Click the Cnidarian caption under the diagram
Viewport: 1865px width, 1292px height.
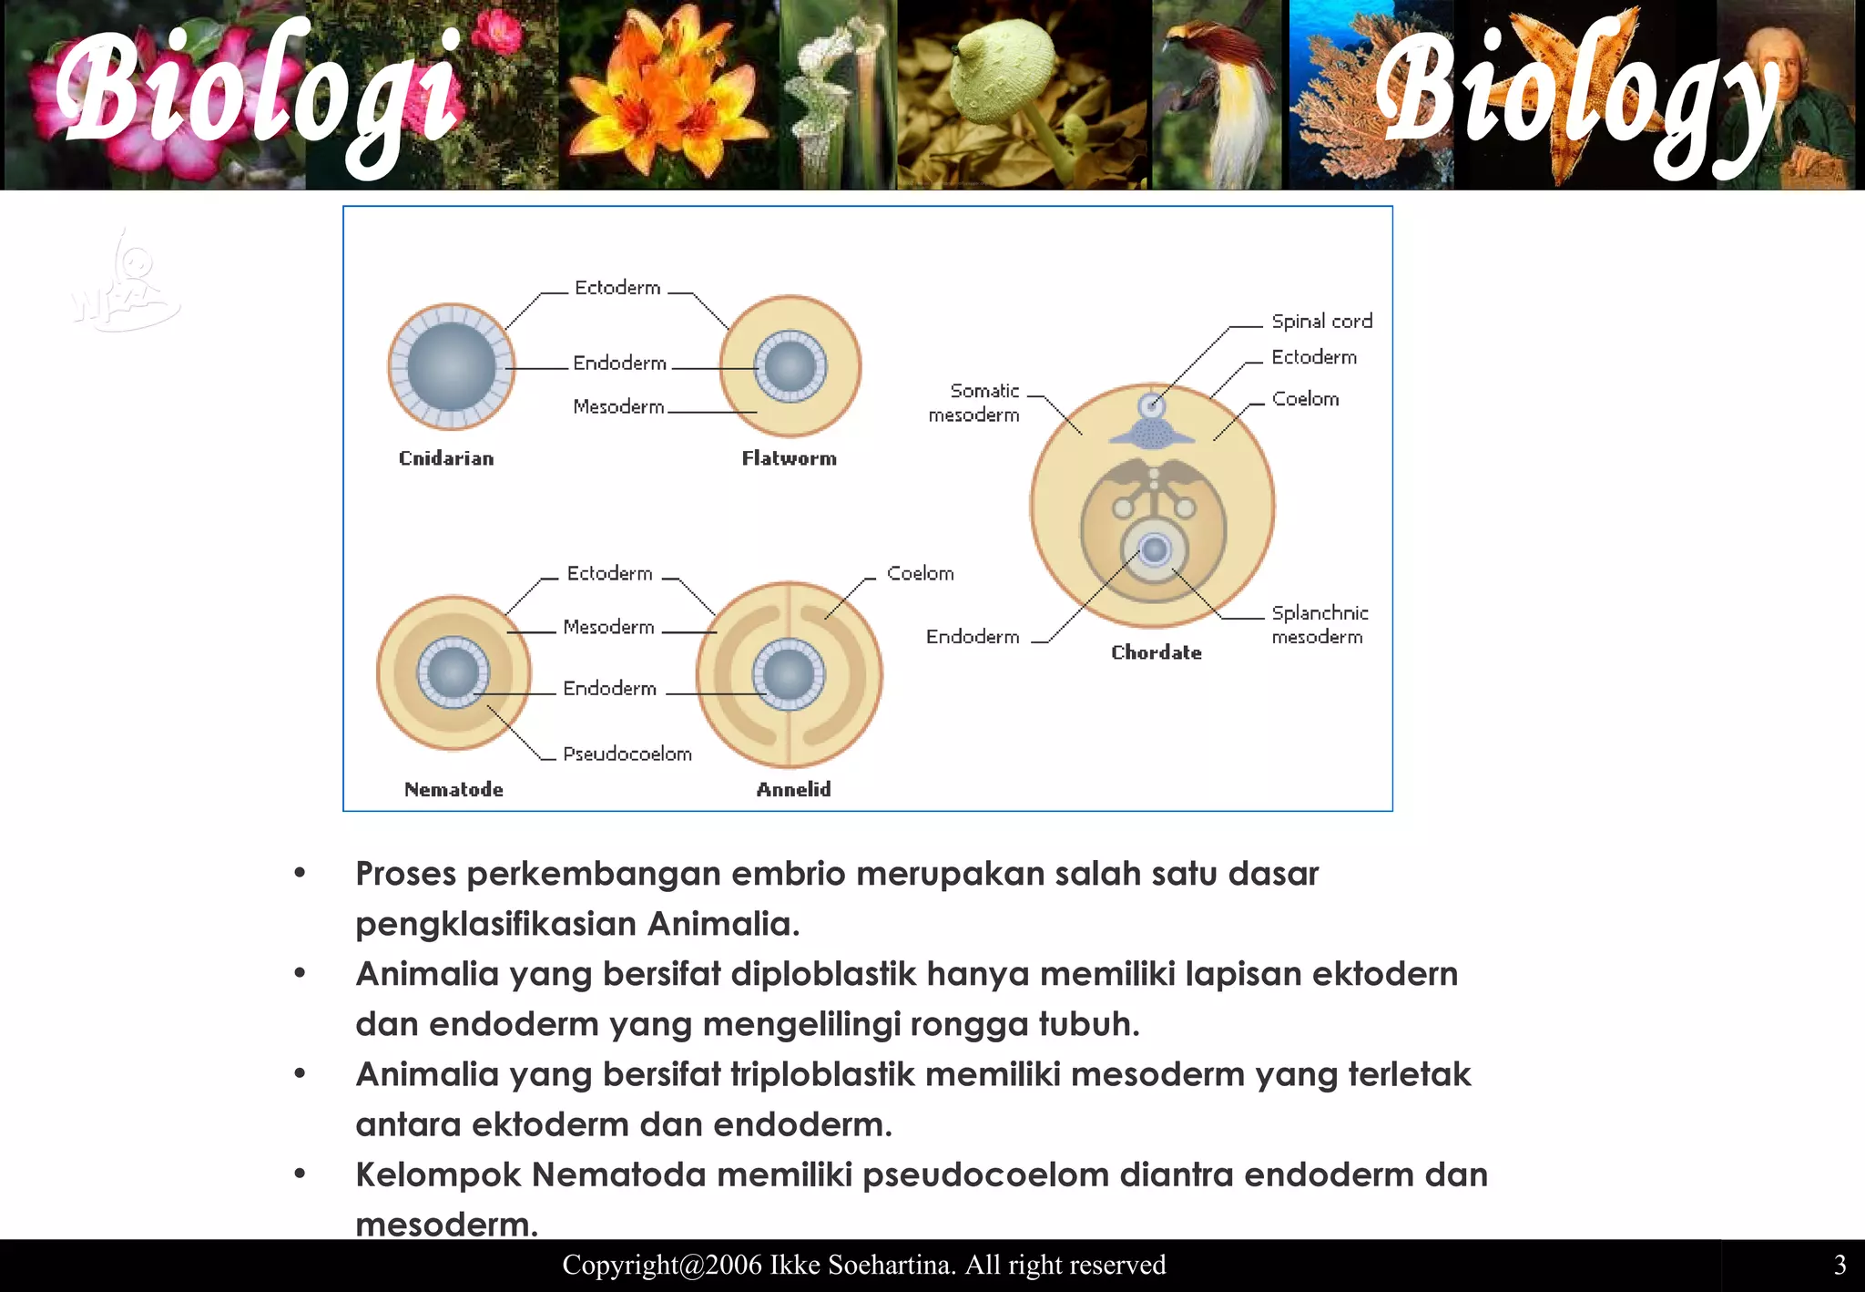pyautogui.click(x=446, y=458)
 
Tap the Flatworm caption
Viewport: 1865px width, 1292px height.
pyautogui.click(x=789, y=458)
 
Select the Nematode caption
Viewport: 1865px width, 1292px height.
pyautogui.click(x=454, y=789)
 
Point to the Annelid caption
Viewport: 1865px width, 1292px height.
pyautogui.click(x=793, y=789)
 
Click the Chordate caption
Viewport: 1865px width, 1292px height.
pyautogui.click(x=1157, y=652)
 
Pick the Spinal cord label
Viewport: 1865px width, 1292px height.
pyautogui.click(x=1321, y=322)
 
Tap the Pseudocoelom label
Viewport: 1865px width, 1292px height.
pyautogui.click(x=627, y=754)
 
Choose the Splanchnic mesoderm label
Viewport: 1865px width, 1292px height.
pyautogui.click(x=1319, y=625)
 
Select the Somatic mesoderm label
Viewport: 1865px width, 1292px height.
pyautogui.click(x=974, y=403)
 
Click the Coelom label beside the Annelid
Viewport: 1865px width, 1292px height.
pyautogui.click(x=920, y=574)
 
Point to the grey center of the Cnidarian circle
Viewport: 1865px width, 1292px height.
pyautogui.click(x=452, y=366)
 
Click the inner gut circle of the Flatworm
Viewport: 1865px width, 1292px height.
pyautogui.click(x=790, y=367)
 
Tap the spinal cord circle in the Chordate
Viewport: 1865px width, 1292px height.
pyautogui.click(x=1152, y=405)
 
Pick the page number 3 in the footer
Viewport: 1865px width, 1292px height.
pyautogui.click(x=1840, y=1265)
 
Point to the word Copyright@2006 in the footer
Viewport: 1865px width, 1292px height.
pyautogui.click(x=661, y=1265)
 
